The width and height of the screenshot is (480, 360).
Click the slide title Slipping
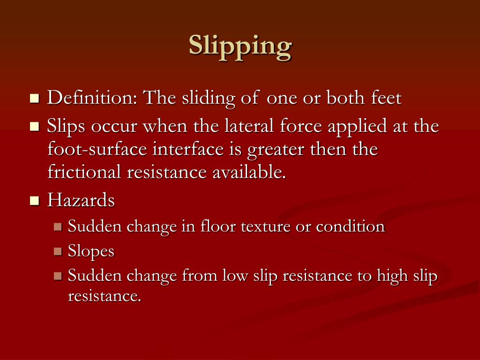240,47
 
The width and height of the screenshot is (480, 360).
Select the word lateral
249,126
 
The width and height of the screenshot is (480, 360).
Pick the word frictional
84,172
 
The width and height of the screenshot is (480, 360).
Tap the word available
248,172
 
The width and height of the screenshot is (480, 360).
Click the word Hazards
81,201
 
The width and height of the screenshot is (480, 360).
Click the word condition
350,227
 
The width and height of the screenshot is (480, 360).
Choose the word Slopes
91,252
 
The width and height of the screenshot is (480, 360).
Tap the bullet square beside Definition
34,99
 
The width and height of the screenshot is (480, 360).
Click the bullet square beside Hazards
34,201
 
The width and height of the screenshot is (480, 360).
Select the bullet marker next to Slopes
58,252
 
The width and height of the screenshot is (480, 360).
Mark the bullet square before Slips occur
34,127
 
